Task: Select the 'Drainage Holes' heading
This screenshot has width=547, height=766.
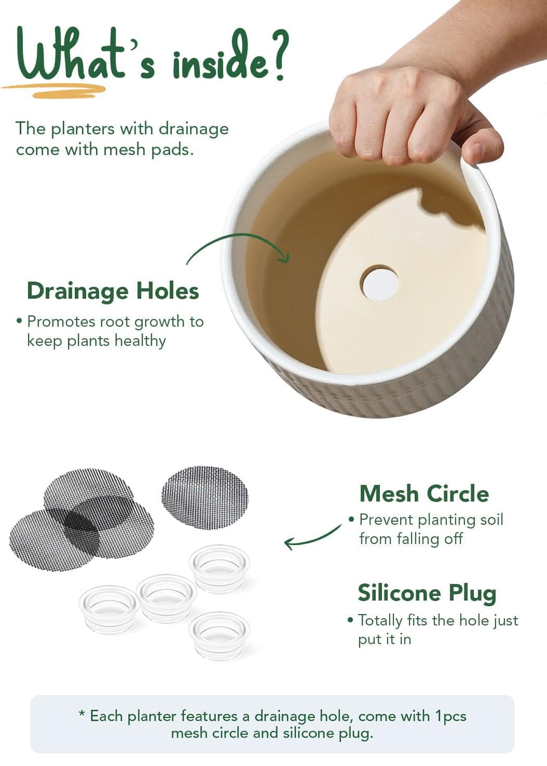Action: (x=113, y=291)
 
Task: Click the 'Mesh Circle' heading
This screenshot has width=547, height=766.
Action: (x=424, y=494)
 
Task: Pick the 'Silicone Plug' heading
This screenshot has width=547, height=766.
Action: (x=427, y=594)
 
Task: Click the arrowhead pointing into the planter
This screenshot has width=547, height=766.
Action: (x=284, y=257)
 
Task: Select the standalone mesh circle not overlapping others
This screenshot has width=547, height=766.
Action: (x=205, y=497)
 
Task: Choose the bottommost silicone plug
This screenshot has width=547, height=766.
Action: (x=219, y=636)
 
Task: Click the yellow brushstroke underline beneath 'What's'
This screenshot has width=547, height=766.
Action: (x=55, y=90)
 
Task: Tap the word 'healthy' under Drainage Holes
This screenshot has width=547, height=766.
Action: (x=140, y=341)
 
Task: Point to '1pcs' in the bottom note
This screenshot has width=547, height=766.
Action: (x=451, y=716)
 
